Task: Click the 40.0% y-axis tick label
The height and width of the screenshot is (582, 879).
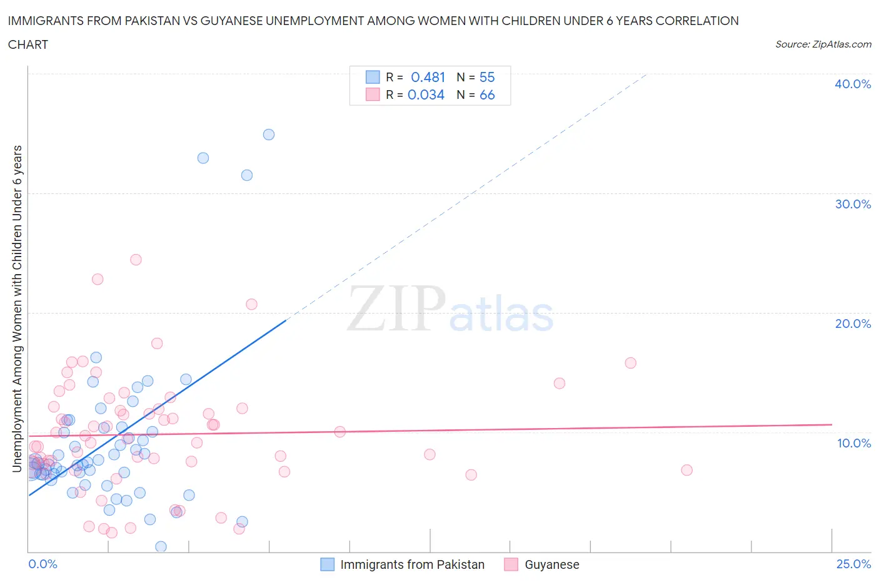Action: pyautogui.click(x=852, y=84)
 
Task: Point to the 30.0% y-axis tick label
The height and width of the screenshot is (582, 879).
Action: pyautogui.click(x=852, y=204)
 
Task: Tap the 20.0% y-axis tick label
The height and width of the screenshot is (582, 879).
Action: pyautogui.click(x=852, y=324)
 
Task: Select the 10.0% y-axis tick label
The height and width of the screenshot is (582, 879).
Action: pyautogui.click(x=853, y=443)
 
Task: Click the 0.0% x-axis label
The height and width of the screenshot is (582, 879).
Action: pyautogui.click(x=43, y=564)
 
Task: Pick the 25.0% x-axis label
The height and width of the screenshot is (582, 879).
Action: pyautogui.click(x=853, y=564)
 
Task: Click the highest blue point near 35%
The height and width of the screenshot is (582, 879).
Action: pyautogui.click(x=269, y=135)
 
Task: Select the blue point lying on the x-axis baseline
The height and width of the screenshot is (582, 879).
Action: pyautogui.click(x=161, y=547)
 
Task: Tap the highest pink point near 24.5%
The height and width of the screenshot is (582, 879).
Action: pyautogui.click(x=136, y=260)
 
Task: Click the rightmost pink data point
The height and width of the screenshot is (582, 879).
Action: pyautogui.click(x=686, y=470)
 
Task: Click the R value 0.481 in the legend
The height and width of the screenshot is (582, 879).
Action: pyautogui.click(x=428, y=77)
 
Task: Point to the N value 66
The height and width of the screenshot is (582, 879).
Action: pyautogui.click(x=487, y=94)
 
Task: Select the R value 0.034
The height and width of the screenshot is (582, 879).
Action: pyautogui.click(x=426, y=94)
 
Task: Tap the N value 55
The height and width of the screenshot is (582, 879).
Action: pyautogui.click(x=487, y=77)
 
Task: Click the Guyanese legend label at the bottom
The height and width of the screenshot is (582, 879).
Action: pyautogui.click(x=551, y=564)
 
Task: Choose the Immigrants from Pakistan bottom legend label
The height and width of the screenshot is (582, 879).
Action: pyautogui.click(x=412, y=564)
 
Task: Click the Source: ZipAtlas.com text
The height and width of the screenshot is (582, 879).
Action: pyautogui.click(x=823, y=44)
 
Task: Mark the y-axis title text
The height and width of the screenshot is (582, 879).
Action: pyautogui.click(x=18, y=308)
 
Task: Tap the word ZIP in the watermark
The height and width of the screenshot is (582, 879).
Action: pyautogui.click(x=396, y=309)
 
